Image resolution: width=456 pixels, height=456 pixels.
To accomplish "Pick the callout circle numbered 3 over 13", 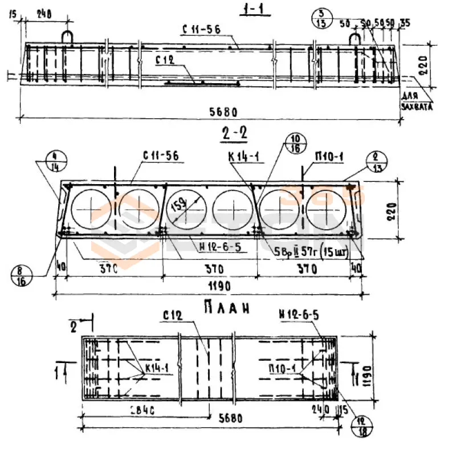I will pyautogui.click(x=321, y=18).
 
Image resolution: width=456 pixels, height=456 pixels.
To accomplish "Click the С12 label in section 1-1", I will pyautogui.click(x=165, y=60).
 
